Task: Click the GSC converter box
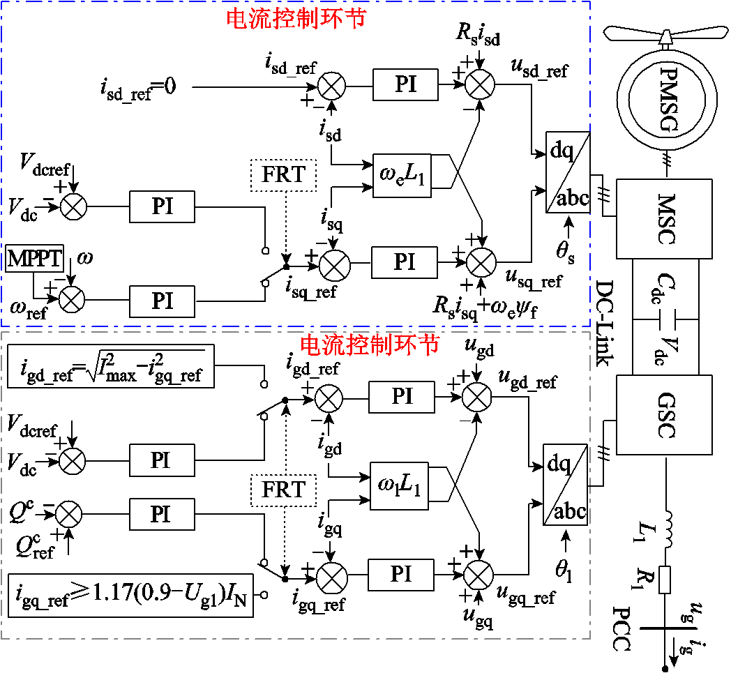pos(664,415)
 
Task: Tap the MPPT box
pos(34,260)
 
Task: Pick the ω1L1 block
pos(399,485)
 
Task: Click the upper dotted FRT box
pos(283,174)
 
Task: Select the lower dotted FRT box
pos(283,490)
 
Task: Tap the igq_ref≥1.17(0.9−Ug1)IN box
pos(130,595)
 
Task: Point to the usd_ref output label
pos(540,70)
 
